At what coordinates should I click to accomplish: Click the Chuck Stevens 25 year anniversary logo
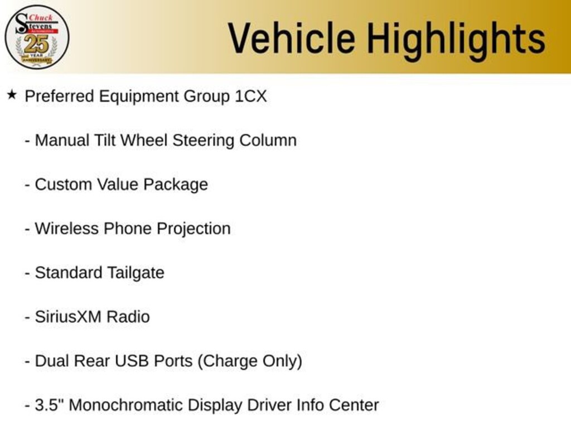37,37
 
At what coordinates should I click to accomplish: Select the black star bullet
12,95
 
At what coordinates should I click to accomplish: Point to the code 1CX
251,96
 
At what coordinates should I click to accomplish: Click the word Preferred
59,96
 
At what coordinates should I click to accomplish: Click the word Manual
62,140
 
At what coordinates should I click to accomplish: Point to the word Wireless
67,228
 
